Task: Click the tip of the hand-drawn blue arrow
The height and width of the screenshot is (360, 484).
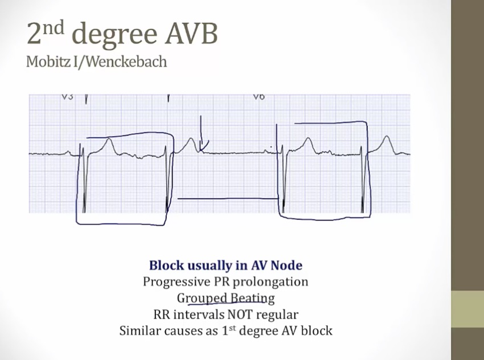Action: coord(201,152)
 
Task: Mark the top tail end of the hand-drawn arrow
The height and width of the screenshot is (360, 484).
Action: coord(201,116)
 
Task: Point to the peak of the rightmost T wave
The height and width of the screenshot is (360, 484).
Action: coord(386,136)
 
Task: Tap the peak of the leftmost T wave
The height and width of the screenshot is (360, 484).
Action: coord(109,139)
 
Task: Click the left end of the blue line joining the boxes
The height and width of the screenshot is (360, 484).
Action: coord(178,199)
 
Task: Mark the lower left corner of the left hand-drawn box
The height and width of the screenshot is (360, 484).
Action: coord(76,223)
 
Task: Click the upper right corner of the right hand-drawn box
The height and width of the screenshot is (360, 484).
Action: coord(367,122)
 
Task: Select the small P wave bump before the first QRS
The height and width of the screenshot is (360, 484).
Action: coord(68,152)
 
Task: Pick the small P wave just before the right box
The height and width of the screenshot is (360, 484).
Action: coord(266,151)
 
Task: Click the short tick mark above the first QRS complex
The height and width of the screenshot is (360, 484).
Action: coord(86,99)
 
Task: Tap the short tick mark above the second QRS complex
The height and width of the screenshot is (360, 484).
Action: coord(169,98)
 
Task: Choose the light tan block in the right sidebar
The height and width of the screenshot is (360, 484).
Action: coord(467,309)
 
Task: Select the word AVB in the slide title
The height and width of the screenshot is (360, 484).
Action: coord(191,34)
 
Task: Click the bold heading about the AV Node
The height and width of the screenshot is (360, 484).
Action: coord(225,265)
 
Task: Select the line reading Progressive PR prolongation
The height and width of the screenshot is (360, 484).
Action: coord(225,282)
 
